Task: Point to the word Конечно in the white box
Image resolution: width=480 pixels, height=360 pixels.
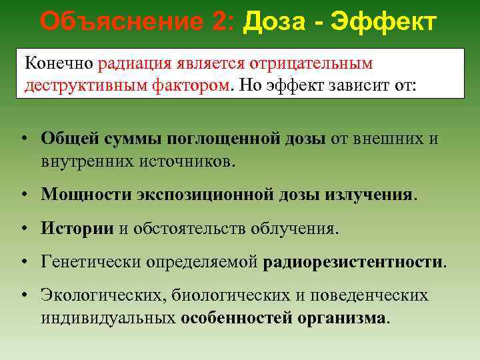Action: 59,63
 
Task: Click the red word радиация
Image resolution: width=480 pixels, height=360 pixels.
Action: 135,63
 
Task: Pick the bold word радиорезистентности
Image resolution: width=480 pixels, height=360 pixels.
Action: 354,261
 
